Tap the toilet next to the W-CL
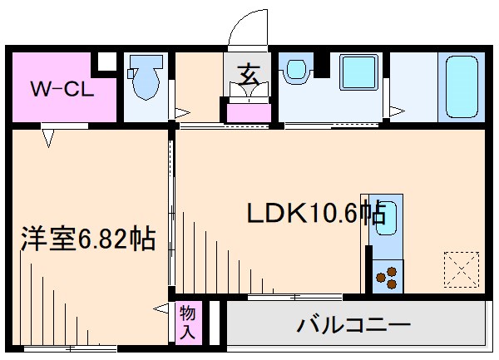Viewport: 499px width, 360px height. (x=146, y=79)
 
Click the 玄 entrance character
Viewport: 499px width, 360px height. (x=247, y=74)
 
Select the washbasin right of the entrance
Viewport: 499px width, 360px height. (x=296, y=74)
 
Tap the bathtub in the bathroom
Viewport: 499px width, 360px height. (x=460, y=87)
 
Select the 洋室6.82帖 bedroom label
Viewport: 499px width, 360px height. (x=88, y=239)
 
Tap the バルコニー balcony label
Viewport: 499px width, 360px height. (x=353, y=324)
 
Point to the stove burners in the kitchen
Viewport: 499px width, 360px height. (x=387, y=274)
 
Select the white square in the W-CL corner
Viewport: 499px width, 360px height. (x=106, y=62)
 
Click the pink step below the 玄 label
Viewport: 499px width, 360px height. (x=247, y=111)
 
